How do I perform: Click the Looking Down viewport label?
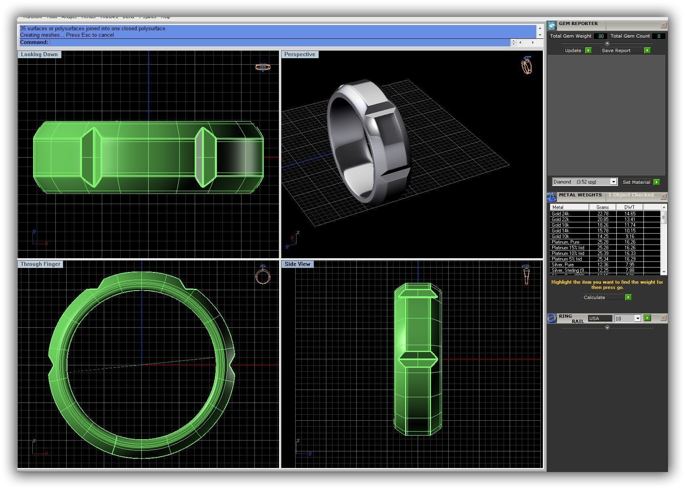39,55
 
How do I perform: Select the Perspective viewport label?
300,55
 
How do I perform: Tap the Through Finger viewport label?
40,264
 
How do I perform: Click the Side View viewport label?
297,264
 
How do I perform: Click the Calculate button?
603,297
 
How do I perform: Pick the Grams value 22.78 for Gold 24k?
603,214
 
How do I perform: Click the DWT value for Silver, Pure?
629,265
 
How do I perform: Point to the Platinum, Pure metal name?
565,242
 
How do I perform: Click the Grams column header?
603,207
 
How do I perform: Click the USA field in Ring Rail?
599,318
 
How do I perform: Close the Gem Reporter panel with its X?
663,25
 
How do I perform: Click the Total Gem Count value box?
659,36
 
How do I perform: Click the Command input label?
34,42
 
